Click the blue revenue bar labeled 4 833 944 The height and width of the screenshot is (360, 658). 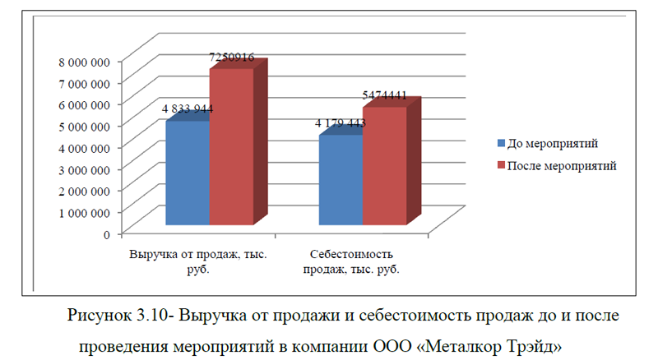click(x=188, y=174)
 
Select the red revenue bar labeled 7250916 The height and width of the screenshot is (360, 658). click(x=231, y=148)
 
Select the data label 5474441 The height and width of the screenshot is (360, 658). click(x=384, y=95)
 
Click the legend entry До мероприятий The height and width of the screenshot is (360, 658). click(x=552, y=144)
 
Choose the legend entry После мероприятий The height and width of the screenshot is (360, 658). click(x=562, y=165)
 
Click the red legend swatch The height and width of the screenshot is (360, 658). click(x=502, y=166)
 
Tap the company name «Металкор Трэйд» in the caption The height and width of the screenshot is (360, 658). click(x=492, y=345)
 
